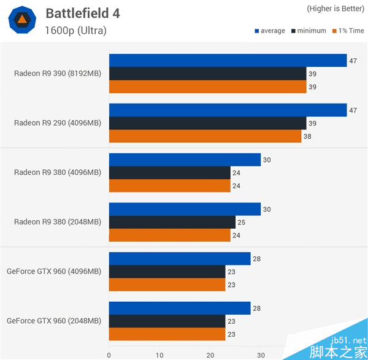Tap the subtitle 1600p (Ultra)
click(75, 29)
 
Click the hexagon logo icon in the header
click(21, 21)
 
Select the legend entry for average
click(270, 31)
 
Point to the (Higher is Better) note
click(334, 9)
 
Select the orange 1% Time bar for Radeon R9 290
click(205, 136)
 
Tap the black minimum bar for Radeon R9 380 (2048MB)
click(172, 222)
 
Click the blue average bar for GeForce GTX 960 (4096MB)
click(180, 259)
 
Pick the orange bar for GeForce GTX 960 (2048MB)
click(167, 334)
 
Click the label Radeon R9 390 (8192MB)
click(58, 74)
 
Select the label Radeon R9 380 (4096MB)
click(58, 172)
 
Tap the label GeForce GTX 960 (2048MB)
click(54, 320)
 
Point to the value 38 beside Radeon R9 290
click(307, 136)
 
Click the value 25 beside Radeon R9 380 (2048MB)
click(241, 222)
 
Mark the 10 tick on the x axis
click(159, 354)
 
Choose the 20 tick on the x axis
click(210, 354)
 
